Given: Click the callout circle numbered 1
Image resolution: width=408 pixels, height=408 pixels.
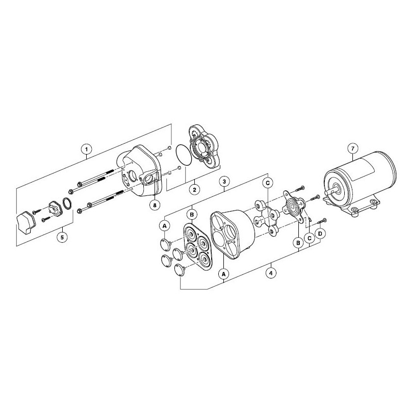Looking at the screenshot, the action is click(x=86, y=149).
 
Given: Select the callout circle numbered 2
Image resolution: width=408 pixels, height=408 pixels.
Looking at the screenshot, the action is click(x=194, y=189).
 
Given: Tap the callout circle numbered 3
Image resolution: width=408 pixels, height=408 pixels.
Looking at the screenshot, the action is click(x=224, y=182).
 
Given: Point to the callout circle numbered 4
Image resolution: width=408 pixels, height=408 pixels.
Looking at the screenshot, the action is click(x=271, y=273).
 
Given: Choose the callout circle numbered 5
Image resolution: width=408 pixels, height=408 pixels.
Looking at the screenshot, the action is click(x=62, y=237).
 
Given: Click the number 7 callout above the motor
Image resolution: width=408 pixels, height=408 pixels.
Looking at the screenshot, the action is click(x=352, y=149).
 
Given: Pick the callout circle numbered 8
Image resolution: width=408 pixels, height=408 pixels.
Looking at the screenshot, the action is click(x=155, y=205).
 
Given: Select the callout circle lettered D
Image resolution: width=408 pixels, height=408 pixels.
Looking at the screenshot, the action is click(x=320, y=234).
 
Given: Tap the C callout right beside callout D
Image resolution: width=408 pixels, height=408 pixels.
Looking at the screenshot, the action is click(x=310, y=238).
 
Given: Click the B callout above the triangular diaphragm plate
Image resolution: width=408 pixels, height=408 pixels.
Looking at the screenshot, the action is click(x=192, y=215).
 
